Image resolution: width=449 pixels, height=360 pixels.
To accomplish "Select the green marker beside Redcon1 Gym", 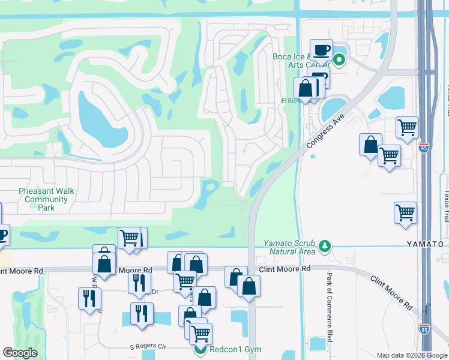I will point(200,349).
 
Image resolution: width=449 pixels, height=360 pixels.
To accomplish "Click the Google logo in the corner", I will point(20,353).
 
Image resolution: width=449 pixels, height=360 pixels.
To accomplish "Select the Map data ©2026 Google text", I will point(411,355).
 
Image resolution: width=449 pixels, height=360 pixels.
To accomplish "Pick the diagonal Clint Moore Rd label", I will point(391,293).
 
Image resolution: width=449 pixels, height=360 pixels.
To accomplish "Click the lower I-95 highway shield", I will point(424,328).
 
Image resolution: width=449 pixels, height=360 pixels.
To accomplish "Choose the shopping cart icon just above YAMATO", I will point(406,212).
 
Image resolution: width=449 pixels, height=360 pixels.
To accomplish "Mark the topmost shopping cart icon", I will point(407,127).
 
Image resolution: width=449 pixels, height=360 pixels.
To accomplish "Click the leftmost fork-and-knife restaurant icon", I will point(89,298).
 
